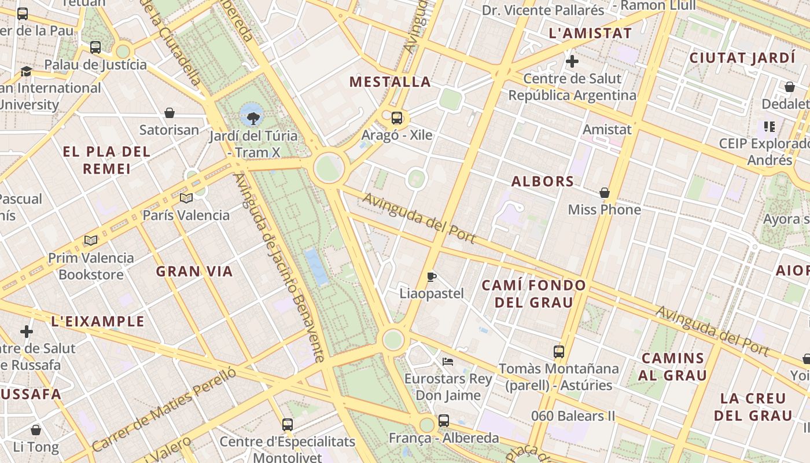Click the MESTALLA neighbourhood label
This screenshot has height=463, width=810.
pyautogui.click(x=390, y=82)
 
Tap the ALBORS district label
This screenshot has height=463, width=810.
pyautogui.click(x=543, y=181)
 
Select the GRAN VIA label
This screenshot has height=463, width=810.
pyautogui.click(x=194, y=271)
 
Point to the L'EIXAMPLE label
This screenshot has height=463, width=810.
pyautogui.click(x=98, y=321)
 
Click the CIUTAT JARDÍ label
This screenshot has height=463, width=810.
pyautogui.click(x=742, y=58)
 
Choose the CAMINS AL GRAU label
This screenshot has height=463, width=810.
pyautogui.click(x=673, y=366)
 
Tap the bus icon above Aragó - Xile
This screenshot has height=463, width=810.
pyautogui.click(x=397, y=118)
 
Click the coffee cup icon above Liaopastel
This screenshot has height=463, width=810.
pyautogui.click(x=431, y=277)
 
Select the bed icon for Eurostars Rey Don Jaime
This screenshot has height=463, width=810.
pyautogui.click(x=447, y=362)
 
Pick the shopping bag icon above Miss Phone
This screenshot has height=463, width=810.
pyautogui.click(x=605, y=193)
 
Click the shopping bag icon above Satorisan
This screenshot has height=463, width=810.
pyautogui.click(x=170, y=113)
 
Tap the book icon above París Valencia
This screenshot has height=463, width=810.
pyautogui.click(x=186, y=199)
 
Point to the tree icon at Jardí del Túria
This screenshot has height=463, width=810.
pyautogui.click(x=253, y=119)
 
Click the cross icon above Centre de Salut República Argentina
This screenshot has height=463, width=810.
pyautogui.click(x=572, y=61)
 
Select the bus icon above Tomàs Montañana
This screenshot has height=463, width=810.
pyautogui.click(x=559, y=351)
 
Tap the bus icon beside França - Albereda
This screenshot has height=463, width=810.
pyautogui.click(x=444, y=421)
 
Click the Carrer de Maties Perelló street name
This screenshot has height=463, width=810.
pyautogui.click(x=164, y=409)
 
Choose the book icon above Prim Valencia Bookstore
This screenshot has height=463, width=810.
pyautogui.click(x=91, y=240)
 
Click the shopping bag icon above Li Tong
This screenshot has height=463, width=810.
pyautogui.click(x=36, y=430)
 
